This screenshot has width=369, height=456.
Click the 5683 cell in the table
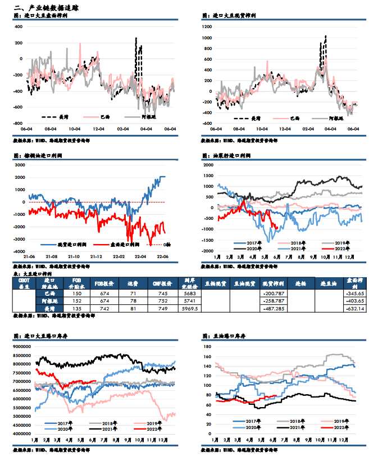pos(189,293)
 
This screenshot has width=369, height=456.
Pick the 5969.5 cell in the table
pos(189,308)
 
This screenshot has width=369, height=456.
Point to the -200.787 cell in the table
pos(273,293)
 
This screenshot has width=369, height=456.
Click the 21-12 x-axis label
pos(96,257)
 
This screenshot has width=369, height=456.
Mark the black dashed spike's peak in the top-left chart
pos(135,38)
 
